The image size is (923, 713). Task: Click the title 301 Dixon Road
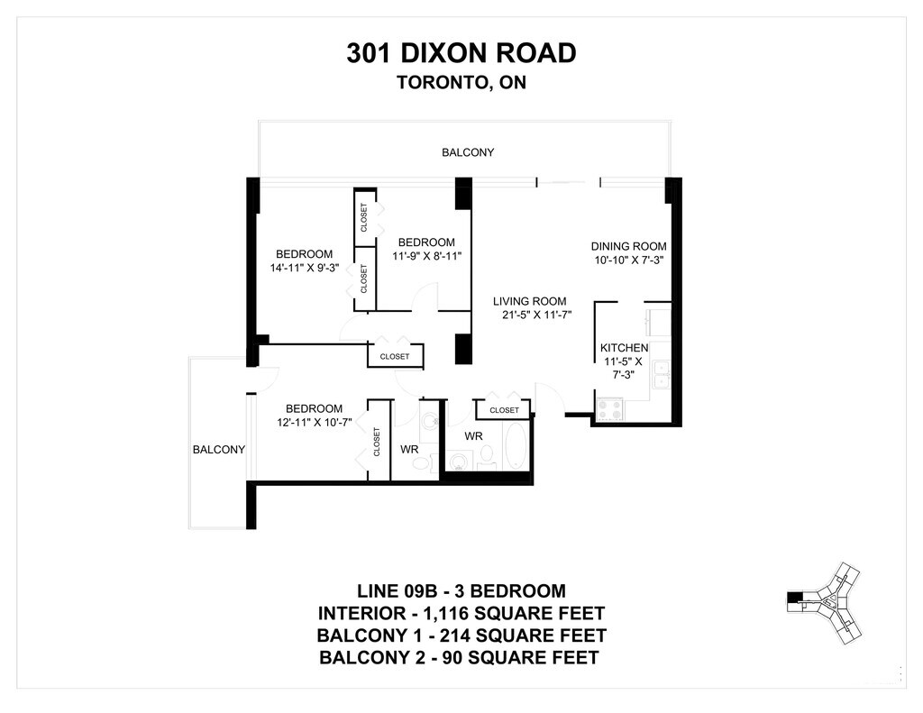(x=461, y=53)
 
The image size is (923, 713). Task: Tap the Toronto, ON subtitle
(x=461, y=82)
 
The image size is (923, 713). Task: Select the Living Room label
(x=530, y=301)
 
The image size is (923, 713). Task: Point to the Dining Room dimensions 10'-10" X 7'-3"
(x=628, y=261)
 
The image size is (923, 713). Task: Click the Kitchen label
(x=624, y=348)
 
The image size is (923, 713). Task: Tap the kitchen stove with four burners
(x=610, y=409)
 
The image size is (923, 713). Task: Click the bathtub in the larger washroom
(x=516, y=446)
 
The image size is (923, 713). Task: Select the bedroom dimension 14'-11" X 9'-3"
(x=305, y=268)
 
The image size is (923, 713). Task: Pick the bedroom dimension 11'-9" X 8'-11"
(x=426, y=256)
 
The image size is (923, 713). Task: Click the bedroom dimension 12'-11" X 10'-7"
(x=315, y=422)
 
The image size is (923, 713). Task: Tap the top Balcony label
(x=468, y=152)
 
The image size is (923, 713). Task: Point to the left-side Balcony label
(x=218, y=450)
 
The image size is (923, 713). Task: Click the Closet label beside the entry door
(x=505, y=410)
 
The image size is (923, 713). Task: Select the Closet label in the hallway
(x=395, y=357)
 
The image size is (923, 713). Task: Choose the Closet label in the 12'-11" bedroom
(x=377, y=442)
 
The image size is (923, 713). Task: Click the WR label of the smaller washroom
(x=409, y=449)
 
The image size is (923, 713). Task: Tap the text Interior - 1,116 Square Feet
(x=461, y=614)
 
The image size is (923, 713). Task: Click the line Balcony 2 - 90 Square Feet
(x=459, y=657)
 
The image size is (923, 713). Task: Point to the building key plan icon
(x=824, y=604)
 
